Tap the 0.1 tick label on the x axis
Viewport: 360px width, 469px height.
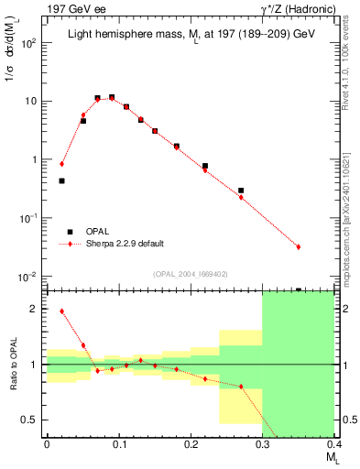pyautogui.click(x=118, y=445)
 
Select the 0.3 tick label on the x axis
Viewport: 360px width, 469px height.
pyautogui.click(x=263, y=445)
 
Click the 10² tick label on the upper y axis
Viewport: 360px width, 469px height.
pyautogui.click(x=29, y=43)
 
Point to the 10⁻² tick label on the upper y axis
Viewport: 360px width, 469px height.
pyautogui.click(x=29, y=277)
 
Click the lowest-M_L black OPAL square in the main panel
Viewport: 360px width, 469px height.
pyautogui.click(x=61, y=181)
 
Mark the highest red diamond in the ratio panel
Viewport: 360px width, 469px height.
pyautogui.click(x=61, y=311)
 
